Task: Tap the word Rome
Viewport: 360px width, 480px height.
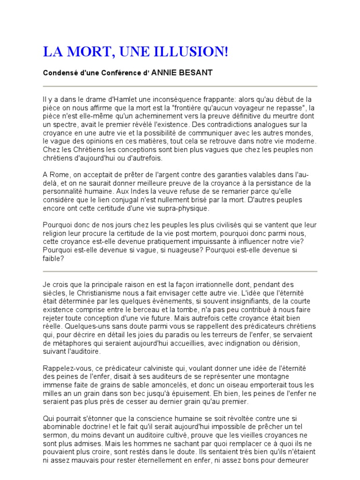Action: click(x=59, y=175)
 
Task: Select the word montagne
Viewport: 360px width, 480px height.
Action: click(x=298, y=376)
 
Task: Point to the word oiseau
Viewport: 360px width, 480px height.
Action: click(x=236, y=385)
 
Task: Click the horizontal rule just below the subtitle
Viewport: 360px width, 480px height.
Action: click(x=180, y=86)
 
